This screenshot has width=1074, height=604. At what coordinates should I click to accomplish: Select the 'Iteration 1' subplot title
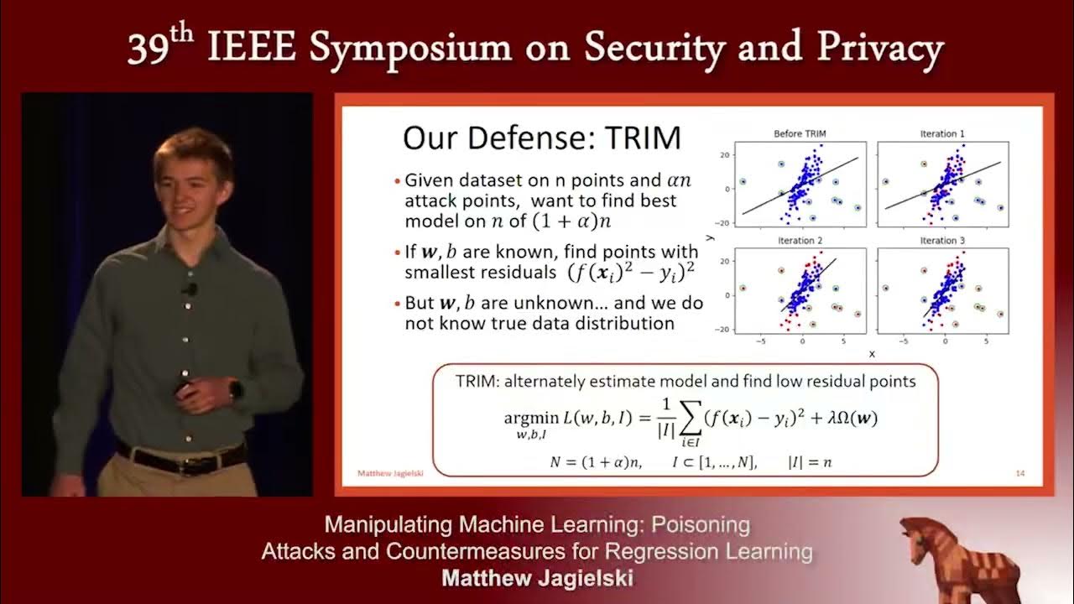(x=942, y=133)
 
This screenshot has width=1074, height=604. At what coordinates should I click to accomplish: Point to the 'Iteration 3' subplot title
(x=942, y=241)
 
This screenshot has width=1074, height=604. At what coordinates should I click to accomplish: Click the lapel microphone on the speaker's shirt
(x=190, y=289)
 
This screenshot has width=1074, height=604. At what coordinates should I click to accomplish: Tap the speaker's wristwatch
(x=236, y=389)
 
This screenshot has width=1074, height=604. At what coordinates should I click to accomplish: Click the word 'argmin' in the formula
(x=530, y=418)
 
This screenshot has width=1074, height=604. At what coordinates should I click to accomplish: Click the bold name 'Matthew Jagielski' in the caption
(x=536, y=579)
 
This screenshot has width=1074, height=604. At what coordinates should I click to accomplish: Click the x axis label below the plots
(x=872, y=354)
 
